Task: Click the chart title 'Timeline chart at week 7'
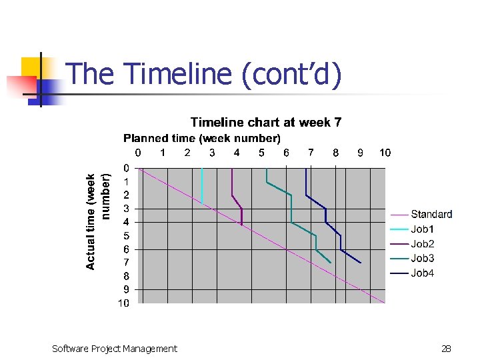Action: [x=266, y=122]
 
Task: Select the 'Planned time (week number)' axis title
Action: [x=201, y=138]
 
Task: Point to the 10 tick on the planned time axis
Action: [x=385, y=153]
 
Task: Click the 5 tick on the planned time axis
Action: [x=261, y=153]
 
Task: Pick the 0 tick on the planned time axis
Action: [x=138, y=153]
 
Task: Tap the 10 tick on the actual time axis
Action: [x=124, y=303]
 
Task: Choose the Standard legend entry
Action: [x=431, y=215]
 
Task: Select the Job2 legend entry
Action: [x=423, y=244]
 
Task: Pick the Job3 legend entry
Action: [x=423, y=259]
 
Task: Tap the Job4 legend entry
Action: [x=423, y=273]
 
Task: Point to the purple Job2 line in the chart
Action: [x=232, y=183]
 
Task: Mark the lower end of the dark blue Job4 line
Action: [x=360, y=262]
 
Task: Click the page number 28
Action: [x=446, y=348]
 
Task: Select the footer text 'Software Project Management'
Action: [x=115, y=348]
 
